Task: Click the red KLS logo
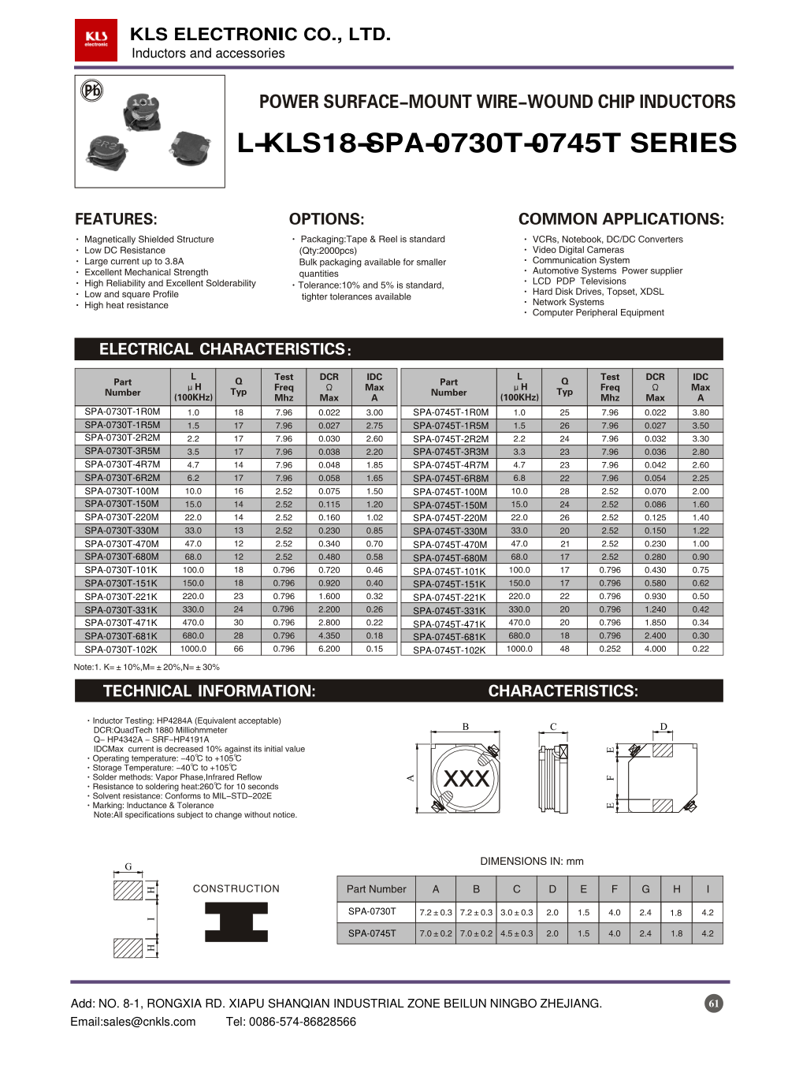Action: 96,39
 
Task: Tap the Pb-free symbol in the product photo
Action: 92,91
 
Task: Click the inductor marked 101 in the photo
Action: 143,111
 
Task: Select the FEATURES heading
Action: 116,219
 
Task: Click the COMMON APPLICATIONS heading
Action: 621,219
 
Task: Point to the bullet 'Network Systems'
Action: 567,302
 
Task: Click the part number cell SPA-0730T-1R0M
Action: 122,412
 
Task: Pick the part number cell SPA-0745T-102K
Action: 449,650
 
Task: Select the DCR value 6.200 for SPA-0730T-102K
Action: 329,649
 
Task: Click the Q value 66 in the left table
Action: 239,649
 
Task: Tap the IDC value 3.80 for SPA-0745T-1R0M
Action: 700,412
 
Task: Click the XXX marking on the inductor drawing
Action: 466,779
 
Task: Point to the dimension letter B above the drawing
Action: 466,727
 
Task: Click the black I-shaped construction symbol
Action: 236,922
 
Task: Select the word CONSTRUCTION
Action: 236,888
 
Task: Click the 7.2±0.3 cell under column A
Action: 436,912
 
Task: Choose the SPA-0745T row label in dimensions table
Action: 372,933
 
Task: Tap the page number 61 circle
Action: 713,1004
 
